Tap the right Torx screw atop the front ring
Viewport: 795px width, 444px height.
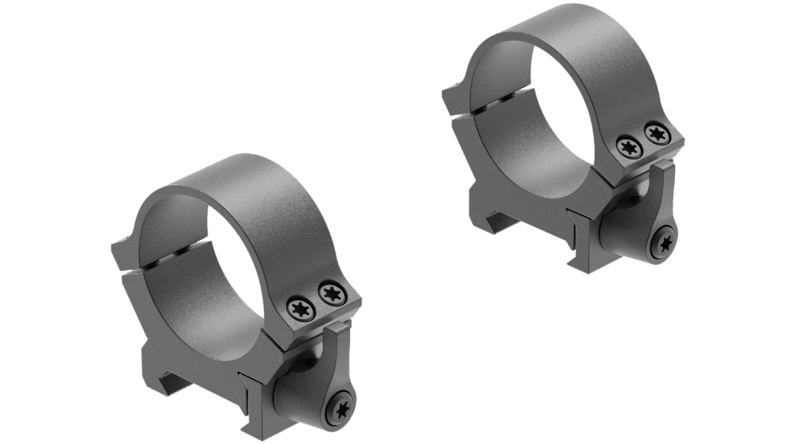[x=331, y=291]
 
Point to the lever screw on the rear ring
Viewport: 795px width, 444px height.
[x=664, y=244]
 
